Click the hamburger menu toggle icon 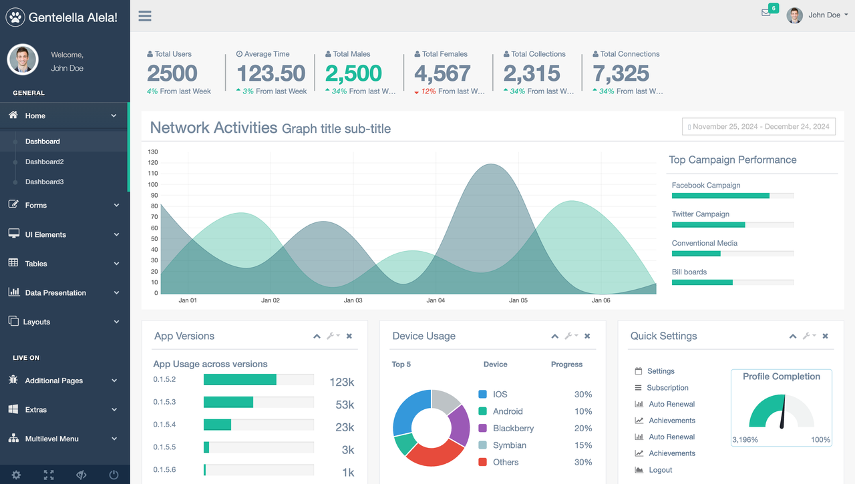145,16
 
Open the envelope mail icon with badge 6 766,13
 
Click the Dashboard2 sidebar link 44,162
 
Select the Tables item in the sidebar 36,264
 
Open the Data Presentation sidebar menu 55,292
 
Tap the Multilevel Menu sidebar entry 51,439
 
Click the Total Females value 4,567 442,73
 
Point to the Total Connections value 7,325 621,73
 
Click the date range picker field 758,127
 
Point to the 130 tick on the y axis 153,152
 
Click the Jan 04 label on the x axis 436,300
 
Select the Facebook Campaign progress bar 720,196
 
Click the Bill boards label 689,272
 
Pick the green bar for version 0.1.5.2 240,380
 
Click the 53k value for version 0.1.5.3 345,405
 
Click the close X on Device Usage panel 587,336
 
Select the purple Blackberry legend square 483,428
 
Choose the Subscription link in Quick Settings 667,388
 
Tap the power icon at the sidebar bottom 114,475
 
